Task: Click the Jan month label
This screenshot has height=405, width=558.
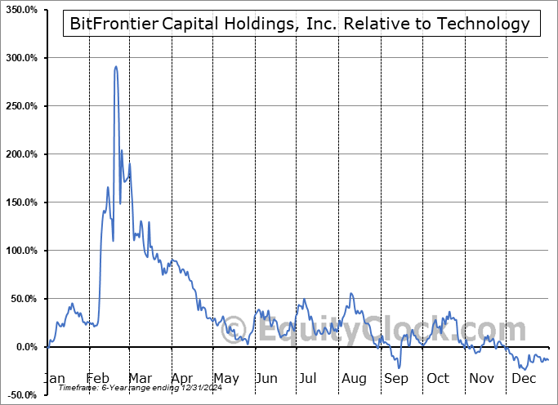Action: point(54,379)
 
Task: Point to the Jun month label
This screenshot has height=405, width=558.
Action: point(266,379)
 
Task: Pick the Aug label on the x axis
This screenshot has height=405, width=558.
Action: point(354,379)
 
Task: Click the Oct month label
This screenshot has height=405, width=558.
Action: point(438,379)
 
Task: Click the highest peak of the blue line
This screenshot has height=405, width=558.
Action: point(115,67)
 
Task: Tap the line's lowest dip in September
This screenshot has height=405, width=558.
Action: point(400,368)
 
